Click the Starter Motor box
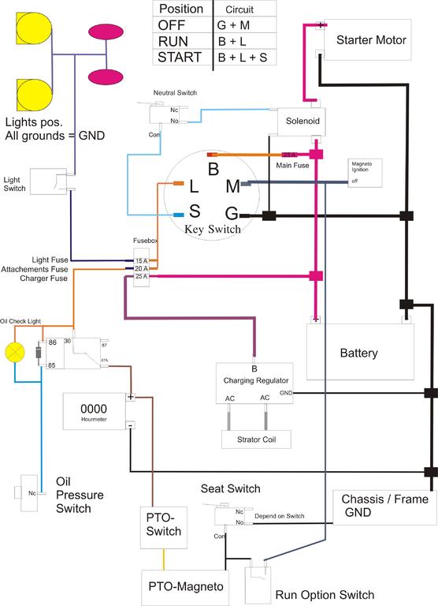coord(371,40)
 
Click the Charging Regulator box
coord(254,383)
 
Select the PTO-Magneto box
coord(186,587)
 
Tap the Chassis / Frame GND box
coord(384,507)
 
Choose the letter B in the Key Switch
coord(213,169)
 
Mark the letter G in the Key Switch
coord(232,214)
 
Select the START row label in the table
coord(180,57)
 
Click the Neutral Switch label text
coord(176,93)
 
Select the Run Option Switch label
coord(325,594)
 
